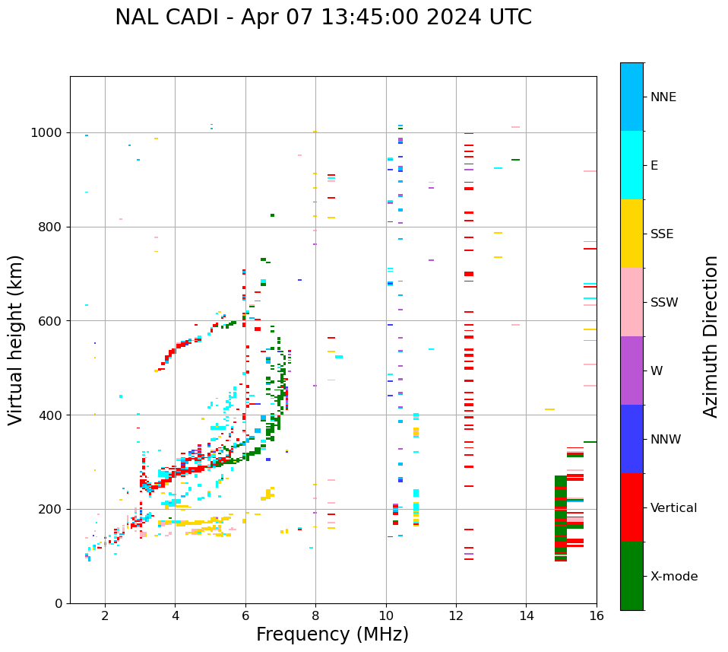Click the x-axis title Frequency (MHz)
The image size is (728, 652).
(332, 635)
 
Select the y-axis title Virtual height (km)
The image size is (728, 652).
(16, 339)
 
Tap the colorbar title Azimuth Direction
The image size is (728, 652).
(711, 336)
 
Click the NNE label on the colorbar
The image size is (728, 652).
(663, 97)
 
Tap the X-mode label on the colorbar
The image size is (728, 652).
(674, 577)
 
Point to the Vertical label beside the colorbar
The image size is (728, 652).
(673, 508)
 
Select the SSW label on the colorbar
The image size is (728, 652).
(664, 303)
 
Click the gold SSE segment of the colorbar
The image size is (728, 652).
(631, 234)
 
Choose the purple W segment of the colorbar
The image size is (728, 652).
(631, 371)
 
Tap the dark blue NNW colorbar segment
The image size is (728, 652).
(631, 439)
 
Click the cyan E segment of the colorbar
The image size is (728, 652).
(631, 165)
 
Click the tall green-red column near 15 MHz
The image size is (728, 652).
(561, 517)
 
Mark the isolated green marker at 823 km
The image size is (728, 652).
(272, 215)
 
